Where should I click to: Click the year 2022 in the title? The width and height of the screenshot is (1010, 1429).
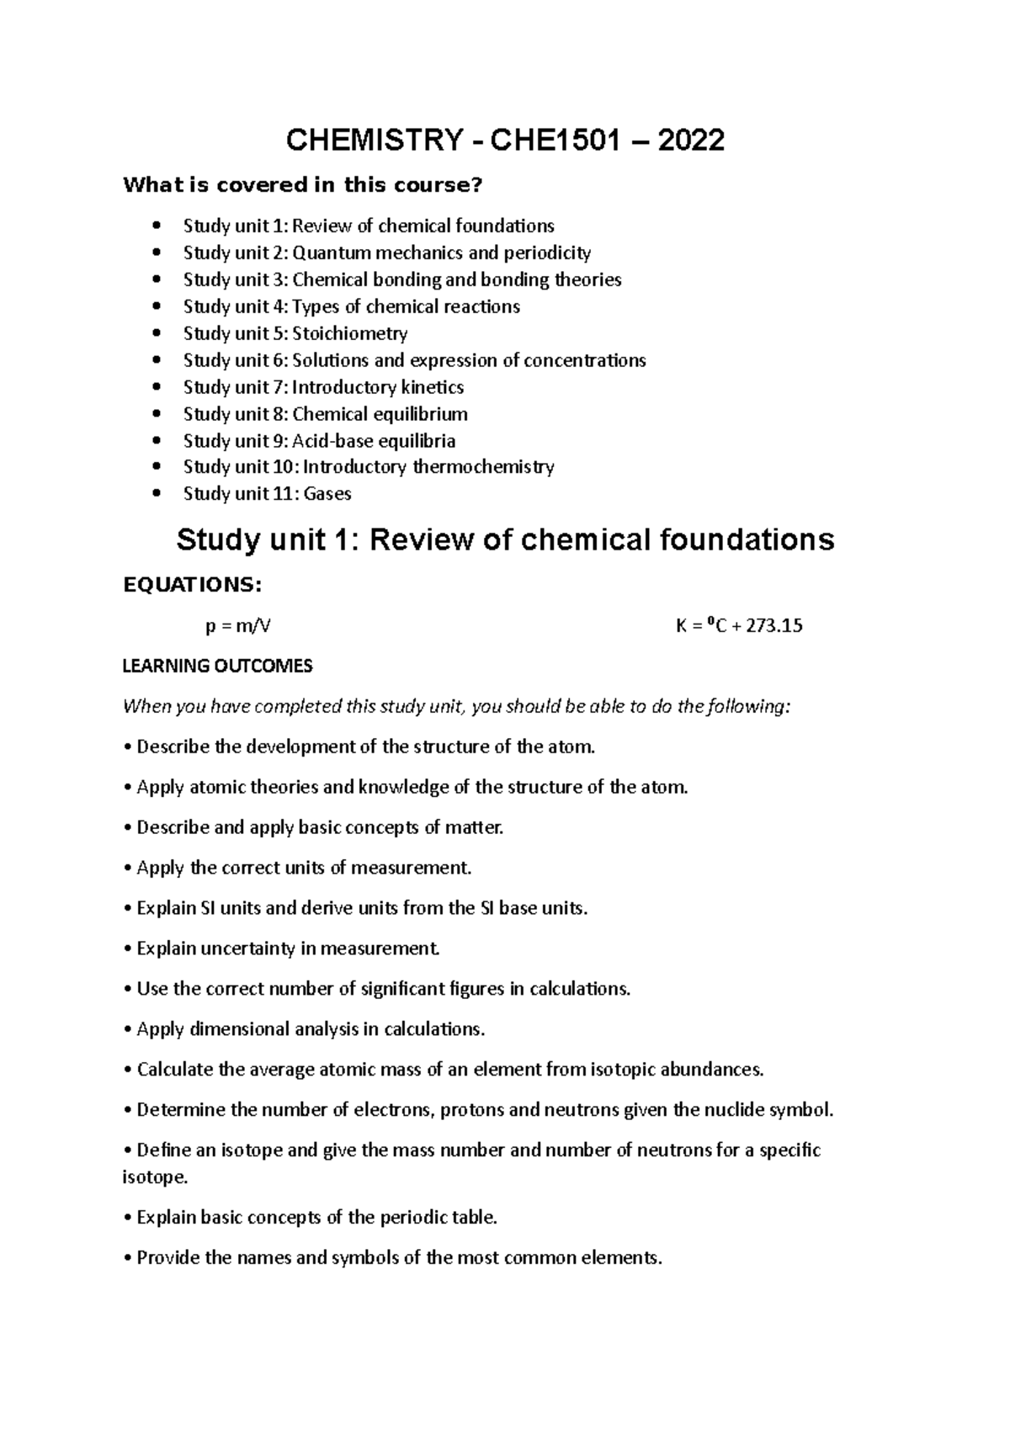690,140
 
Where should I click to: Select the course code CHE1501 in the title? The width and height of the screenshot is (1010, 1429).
555,140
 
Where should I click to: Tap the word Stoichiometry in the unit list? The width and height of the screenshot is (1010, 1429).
349,333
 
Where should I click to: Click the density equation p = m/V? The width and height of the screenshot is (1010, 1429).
238,626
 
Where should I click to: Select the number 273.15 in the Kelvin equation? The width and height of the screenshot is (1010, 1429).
768,626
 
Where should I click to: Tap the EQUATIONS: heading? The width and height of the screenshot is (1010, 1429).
193,585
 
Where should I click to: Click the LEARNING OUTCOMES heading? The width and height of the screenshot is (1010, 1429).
217,666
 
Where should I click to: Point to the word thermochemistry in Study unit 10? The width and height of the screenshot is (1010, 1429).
483,467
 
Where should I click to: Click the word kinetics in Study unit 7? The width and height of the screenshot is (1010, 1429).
432,387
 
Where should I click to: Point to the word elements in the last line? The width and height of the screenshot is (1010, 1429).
623,1258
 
